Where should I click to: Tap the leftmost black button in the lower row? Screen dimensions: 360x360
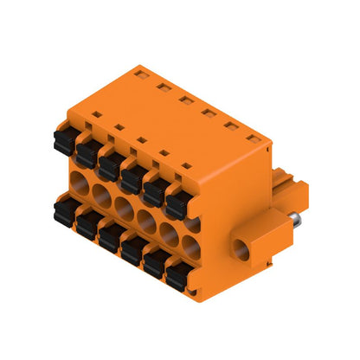pos(65,211)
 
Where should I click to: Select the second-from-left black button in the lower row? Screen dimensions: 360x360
pos(87,224)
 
